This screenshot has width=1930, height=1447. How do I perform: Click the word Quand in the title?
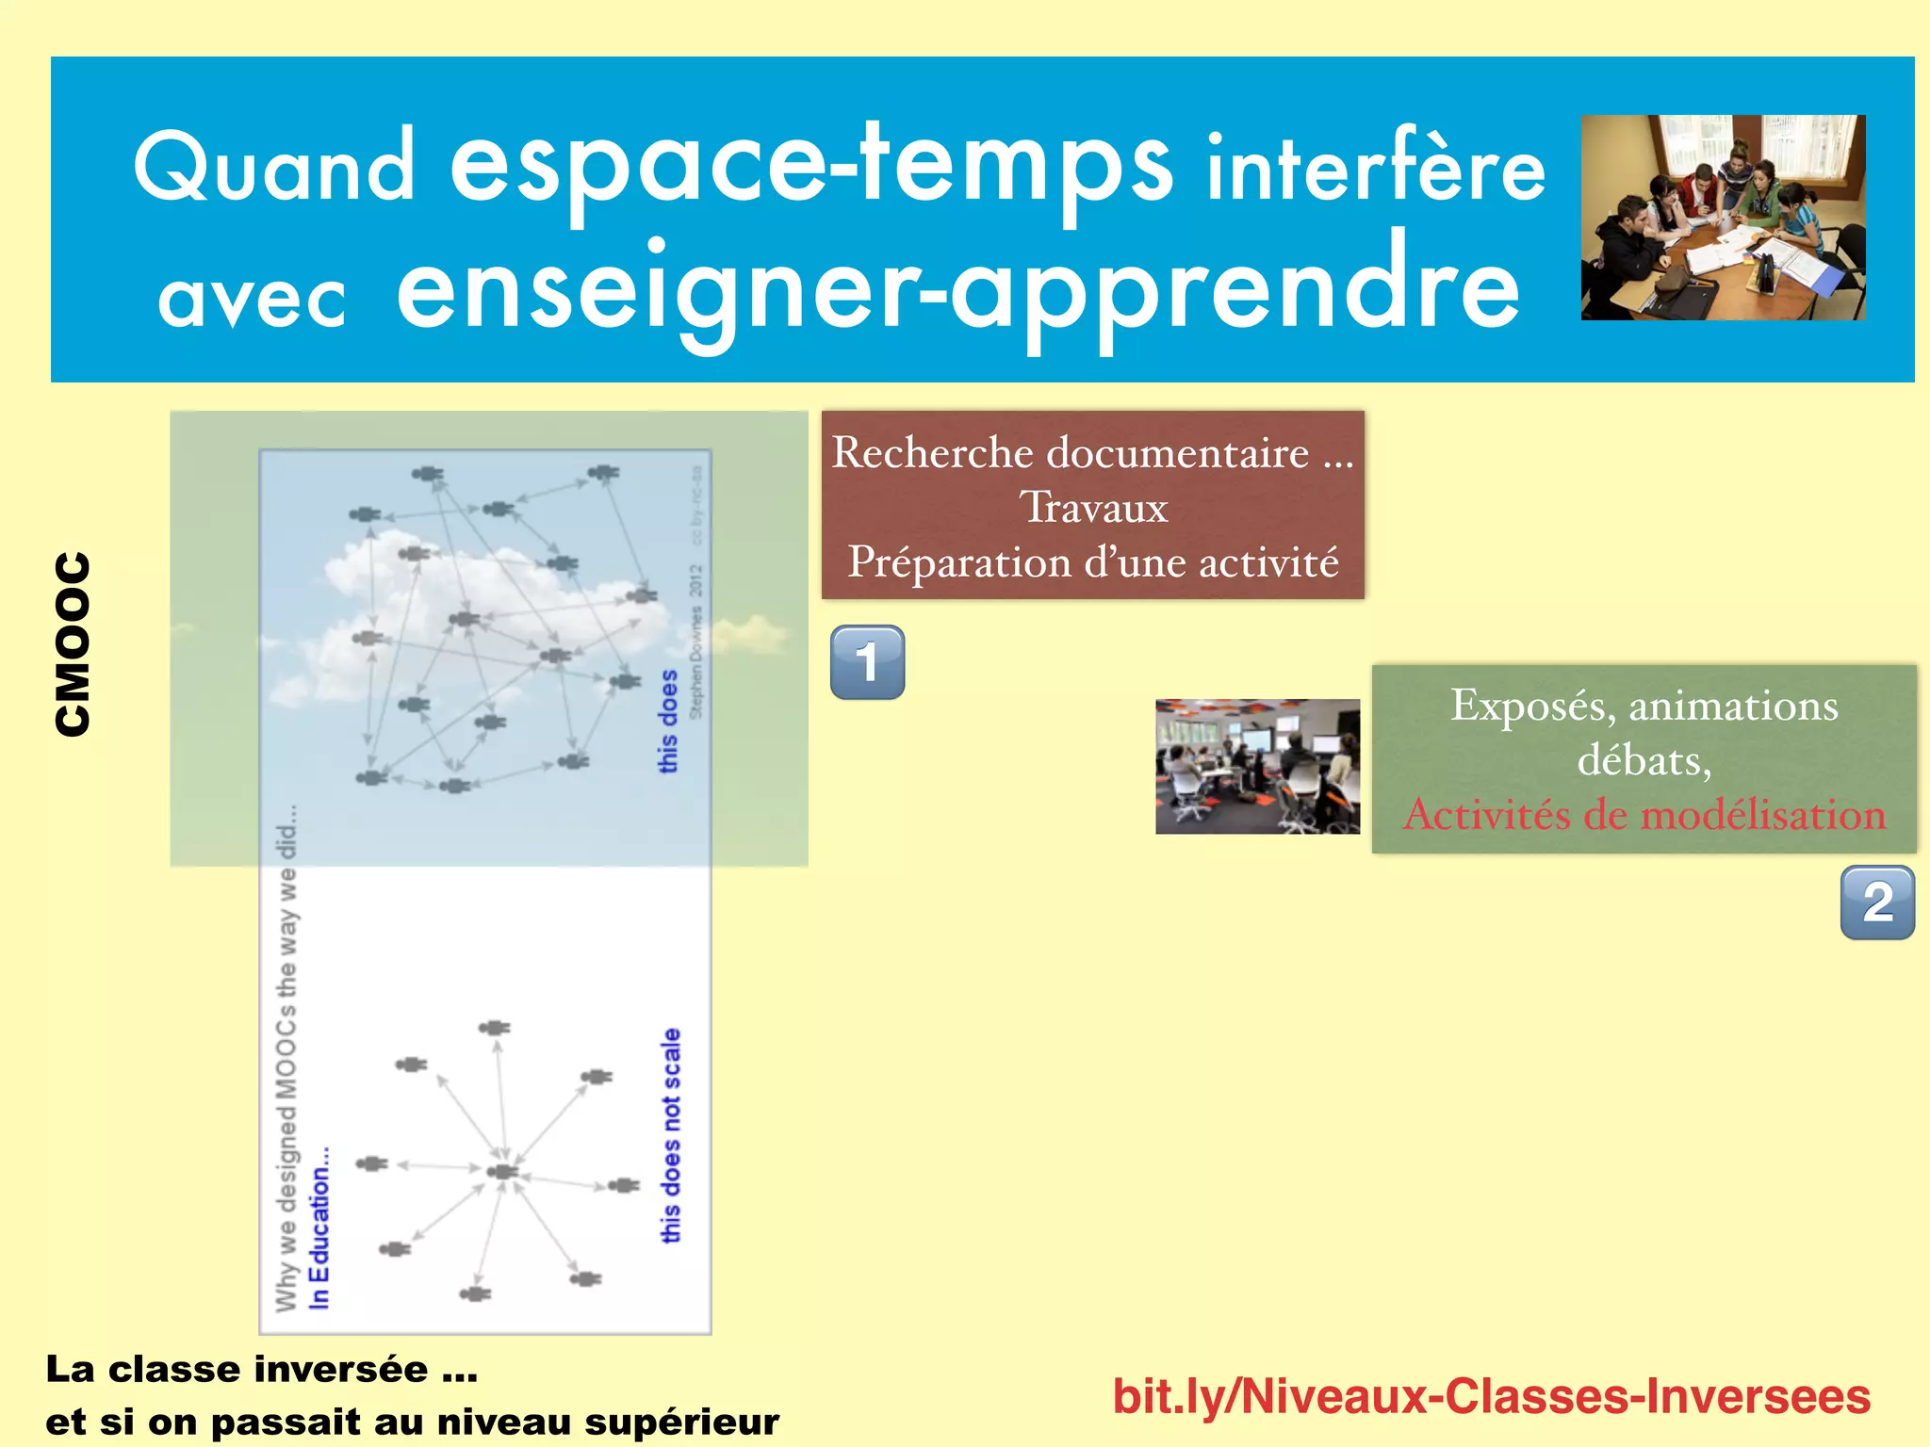(x=273, y=168)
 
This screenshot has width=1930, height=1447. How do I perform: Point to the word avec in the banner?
(x=252, y=300)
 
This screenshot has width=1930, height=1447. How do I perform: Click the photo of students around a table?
(x=1723, y=218)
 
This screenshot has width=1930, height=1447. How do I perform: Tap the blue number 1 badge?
(x=867, y=662)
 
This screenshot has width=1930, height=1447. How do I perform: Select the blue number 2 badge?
(x=1877, y=902)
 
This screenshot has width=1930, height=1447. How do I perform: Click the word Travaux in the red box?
(x=1093, y=508)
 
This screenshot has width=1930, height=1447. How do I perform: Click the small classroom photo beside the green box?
(x=1257, y=766)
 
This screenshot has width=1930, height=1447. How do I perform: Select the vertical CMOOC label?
(x=73, y=643)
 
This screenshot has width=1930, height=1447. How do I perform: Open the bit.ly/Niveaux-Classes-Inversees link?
(x=1491, y=1396)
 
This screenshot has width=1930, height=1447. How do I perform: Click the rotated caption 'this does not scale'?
(x=670, y=1135)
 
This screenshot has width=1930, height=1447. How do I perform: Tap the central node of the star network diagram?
(x=502, y=1171)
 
